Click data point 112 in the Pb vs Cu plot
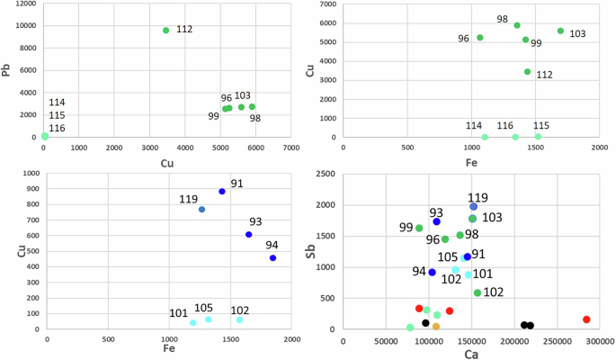[x=165, y=31]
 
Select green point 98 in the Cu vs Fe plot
[x=516, y=25]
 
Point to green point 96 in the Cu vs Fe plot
[x=479, y=38]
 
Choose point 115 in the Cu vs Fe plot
[x=538, y=137]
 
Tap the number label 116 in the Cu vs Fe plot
[x=505, y=126]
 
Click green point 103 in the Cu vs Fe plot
[x=560, y=31]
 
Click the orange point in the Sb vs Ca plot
[x=436, y=327]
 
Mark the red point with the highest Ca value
[x=585, y=319]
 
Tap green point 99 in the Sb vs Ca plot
[x=419, y=228]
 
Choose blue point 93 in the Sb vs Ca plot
[x=436, y=221]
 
